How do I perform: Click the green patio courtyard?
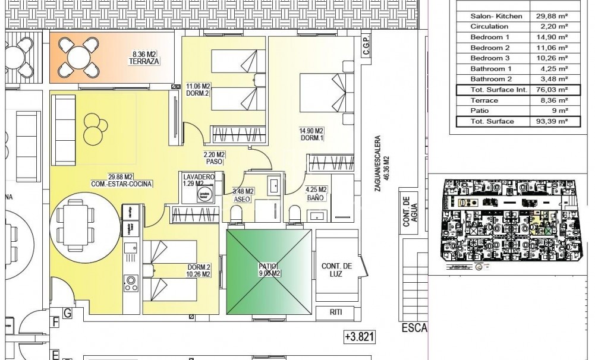click(x=269, y=271)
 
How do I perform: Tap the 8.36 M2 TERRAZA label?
click(x=146, y=58)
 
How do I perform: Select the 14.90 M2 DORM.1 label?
click(x=311, y=135)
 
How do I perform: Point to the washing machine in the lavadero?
click(x=205, y=197)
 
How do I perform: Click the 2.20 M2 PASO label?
click(x=214, y=157)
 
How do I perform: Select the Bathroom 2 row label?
click(x=491, y=79)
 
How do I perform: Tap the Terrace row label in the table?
click(x=484, y=100)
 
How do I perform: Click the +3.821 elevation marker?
click(x=360, y=337)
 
